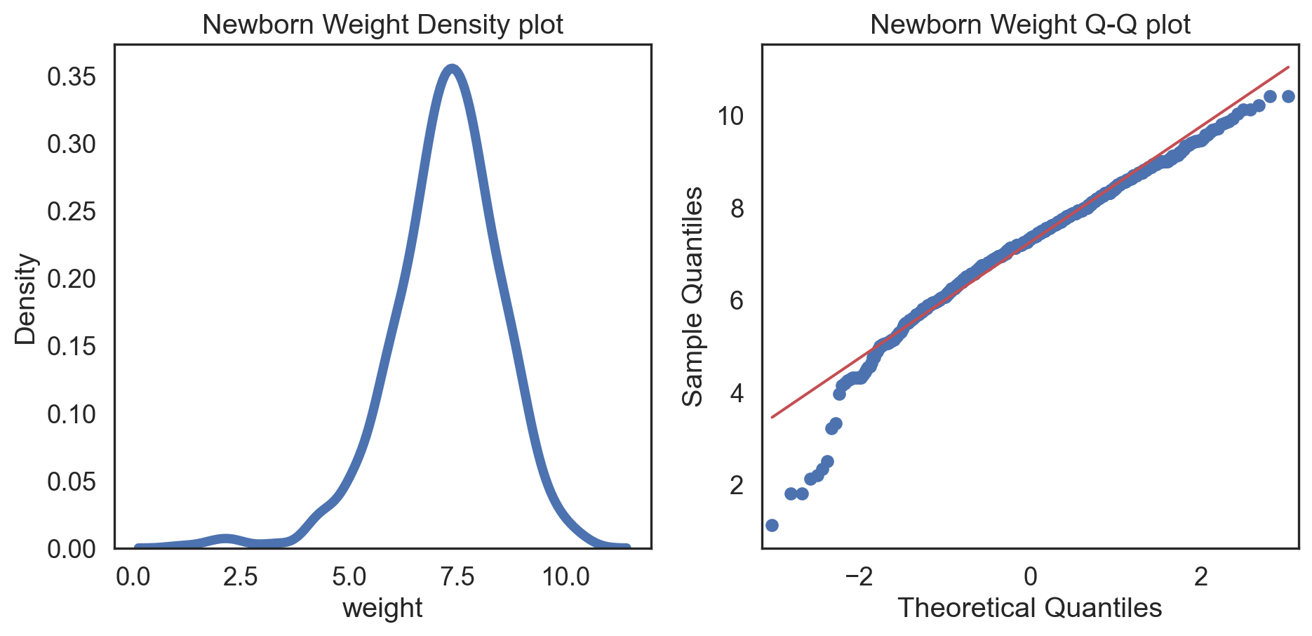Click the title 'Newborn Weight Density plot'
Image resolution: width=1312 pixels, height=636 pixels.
pos(382,25)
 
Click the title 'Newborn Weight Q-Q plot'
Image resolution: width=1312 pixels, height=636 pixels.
pos(1030,25)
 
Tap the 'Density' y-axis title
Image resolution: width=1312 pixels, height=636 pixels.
pos(26,299)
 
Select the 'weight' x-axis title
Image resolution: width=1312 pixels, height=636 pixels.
pos(382,608)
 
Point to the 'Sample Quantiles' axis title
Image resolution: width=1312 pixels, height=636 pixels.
pos(693,296)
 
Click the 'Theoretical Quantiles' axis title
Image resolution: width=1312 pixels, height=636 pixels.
pos(1030,608)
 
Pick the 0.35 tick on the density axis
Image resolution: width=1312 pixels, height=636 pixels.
pos(71,77)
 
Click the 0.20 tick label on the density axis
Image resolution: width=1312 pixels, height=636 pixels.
pos(71,279)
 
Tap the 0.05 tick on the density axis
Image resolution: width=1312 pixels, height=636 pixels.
pos(71,482)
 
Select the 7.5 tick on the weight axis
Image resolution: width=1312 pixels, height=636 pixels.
pos(457,578)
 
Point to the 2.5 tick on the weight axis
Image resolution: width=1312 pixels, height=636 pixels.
pos(241,578)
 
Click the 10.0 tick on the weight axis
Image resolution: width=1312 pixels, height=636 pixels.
pos(566,578)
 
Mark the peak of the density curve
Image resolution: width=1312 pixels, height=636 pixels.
pos(453,68)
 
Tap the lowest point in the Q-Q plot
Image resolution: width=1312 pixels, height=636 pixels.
pos(772,525)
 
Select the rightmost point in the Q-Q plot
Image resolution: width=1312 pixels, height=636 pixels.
pos(1288,96)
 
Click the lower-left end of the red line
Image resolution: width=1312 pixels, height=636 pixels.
pos(772,417)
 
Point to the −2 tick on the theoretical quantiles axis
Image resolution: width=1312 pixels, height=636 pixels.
pos(859,578)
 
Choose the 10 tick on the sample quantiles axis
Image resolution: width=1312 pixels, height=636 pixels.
pos(730,116)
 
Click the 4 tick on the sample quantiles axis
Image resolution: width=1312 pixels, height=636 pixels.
pos(737,393)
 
